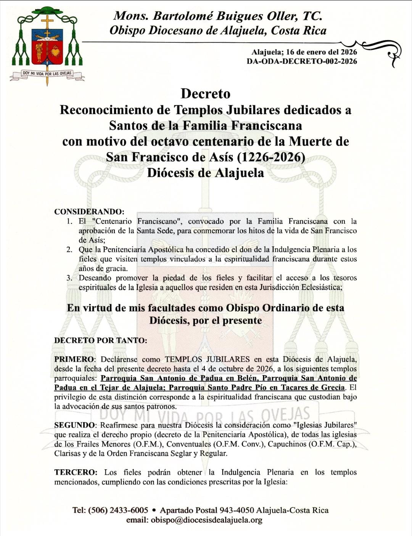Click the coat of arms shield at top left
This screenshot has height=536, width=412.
47,47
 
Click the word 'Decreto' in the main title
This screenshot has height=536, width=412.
206,93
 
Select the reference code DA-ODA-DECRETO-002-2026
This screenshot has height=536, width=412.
302,61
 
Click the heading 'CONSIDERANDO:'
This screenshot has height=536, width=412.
89,212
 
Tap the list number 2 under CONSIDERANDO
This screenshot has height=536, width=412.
69,250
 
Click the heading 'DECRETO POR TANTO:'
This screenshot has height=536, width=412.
101,340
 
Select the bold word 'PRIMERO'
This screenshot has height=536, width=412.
74,359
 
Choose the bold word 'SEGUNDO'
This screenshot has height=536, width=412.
74,425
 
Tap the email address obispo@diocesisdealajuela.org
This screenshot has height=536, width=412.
206,520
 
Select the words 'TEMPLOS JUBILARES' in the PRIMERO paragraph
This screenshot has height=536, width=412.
207,359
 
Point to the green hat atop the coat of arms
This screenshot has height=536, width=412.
47,11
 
